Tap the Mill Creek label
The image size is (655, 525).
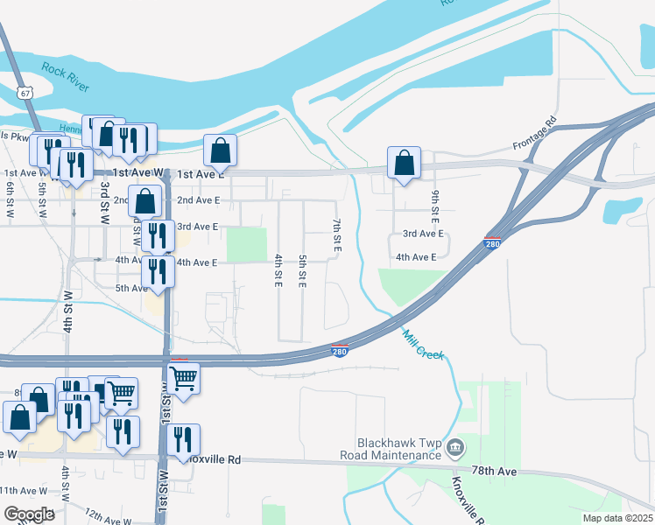pyautogui.click(x=424, y=345)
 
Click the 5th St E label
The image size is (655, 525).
pyautogui.click(x=302, y=272)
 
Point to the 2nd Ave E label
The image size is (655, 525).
pyautogui.click(x=198, y=200)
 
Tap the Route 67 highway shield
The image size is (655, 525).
pyautogui.click(x=29, y=91)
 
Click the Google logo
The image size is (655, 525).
pyautogui.click(x=29, y=514)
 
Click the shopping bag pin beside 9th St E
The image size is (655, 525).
pyautogui.click(x=403, y=162)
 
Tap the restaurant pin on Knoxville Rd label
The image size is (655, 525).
pyautogui.click(x=182, y=439)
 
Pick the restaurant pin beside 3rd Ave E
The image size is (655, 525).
pyautogui.click(x=158, y=234)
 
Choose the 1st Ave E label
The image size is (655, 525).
pyautogui.click(x=201, y=174)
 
